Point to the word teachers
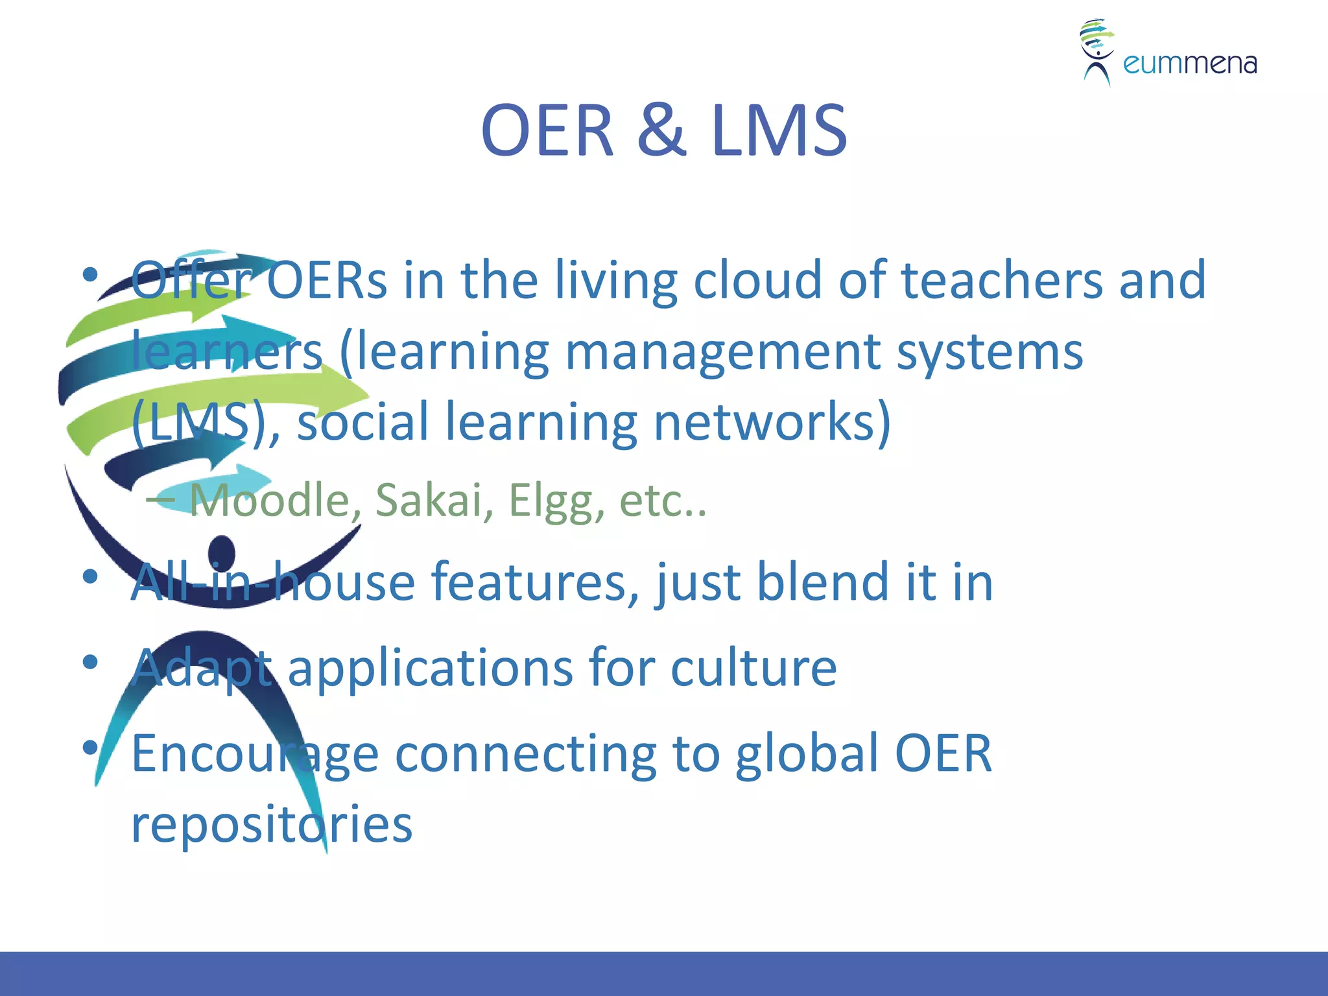tap(1002, 280)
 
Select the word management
tap(722, 351)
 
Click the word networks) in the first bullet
tap(772, 422)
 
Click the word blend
tap(823, 582)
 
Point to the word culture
tap(753, 667)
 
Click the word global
tap(807, 753)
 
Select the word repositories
tap(272, 825)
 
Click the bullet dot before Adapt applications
tap(90, 662)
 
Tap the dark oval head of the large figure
tap(222, 553)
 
